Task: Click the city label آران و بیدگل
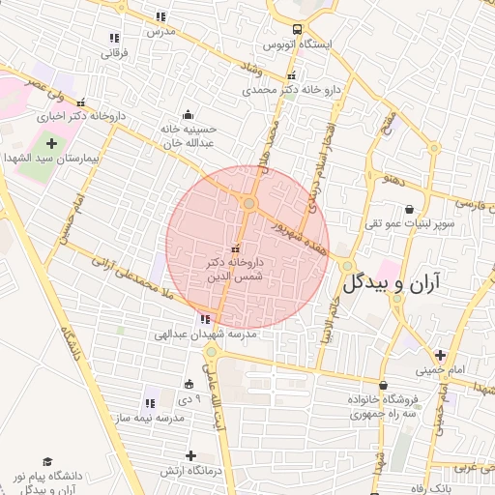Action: tap(391, 282)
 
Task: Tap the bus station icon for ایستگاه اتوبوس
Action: tap(297, 28)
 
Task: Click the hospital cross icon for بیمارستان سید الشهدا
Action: tap(51, 143)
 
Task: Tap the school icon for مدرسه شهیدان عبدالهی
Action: tap(204, 319)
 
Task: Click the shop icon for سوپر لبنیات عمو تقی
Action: tap(409, 209)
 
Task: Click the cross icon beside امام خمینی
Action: tap(440, 355)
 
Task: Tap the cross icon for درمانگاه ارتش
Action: tap(190, 455)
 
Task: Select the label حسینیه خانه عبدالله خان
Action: tap(187, 134)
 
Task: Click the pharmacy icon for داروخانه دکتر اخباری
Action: tap(80, 102)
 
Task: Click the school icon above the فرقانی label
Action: tap(114, 38)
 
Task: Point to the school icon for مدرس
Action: tap(160, 16)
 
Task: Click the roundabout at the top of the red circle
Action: tap(248, 203)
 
